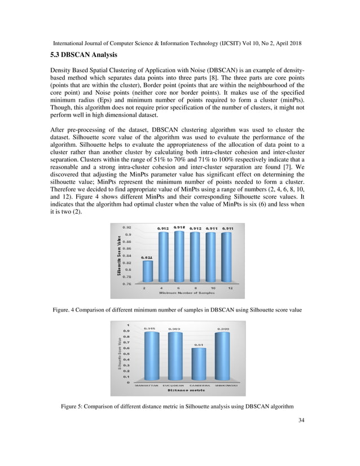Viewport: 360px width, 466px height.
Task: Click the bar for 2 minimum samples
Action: click(x=147, y=271)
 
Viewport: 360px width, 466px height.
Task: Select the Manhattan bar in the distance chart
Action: click(x=150, y=357)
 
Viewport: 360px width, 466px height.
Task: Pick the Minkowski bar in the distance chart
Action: click(x=222, y=357)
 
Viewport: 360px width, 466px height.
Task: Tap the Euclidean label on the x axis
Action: click(x=174, y=386)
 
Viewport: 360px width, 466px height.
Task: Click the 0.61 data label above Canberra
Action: click(x=198, y=344)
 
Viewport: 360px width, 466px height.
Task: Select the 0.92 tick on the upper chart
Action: click(x=128, y=228)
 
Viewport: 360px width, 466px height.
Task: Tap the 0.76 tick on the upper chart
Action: click(x=128, y=284)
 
